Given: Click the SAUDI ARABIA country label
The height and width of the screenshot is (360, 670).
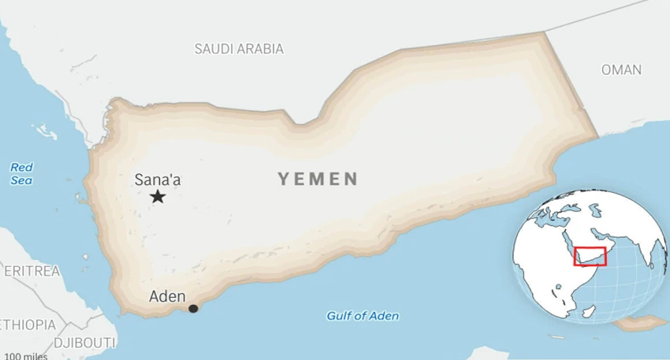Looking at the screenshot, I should pos(239,49).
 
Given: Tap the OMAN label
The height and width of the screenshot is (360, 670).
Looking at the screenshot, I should pos(621,70).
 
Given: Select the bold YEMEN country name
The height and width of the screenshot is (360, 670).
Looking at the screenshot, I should pos(318,180).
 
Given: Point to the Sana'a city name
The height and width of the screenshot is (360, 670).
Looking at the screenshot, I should pos(157,180).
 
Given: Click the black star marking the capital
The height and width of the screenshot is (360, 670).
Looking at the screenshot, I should pos(158,197).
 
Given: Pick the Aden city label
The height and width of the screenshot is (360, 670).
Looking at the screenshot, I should pos(167,297).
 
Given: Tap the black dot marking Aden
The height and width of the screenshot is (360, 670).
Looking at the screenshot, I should pos(193,309).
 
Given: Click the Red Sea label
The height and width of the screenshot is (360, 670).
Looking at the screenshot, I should pos(21,173).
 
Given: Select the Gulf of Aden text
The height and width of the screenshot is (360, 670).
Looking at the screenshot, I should pos(363,316).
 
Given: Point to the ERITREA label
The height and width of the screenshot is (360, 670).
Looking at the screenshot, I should pos(31,271).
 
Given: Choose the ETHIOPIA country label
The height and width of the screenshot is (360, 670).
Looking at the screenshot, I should pos(28,325).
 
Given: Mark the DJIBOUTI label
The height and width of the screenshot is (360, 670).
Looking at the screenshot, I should pos(84,343).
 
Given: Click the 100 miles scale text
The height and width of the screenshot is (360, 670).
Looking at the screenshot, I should pos(25,356).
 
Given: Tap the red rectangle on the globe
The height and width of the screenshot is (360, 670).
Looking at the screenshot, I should pos(590,256).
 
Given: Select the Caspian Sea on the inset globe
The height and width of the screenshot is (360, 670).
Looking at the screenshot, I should pos(597,210).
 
